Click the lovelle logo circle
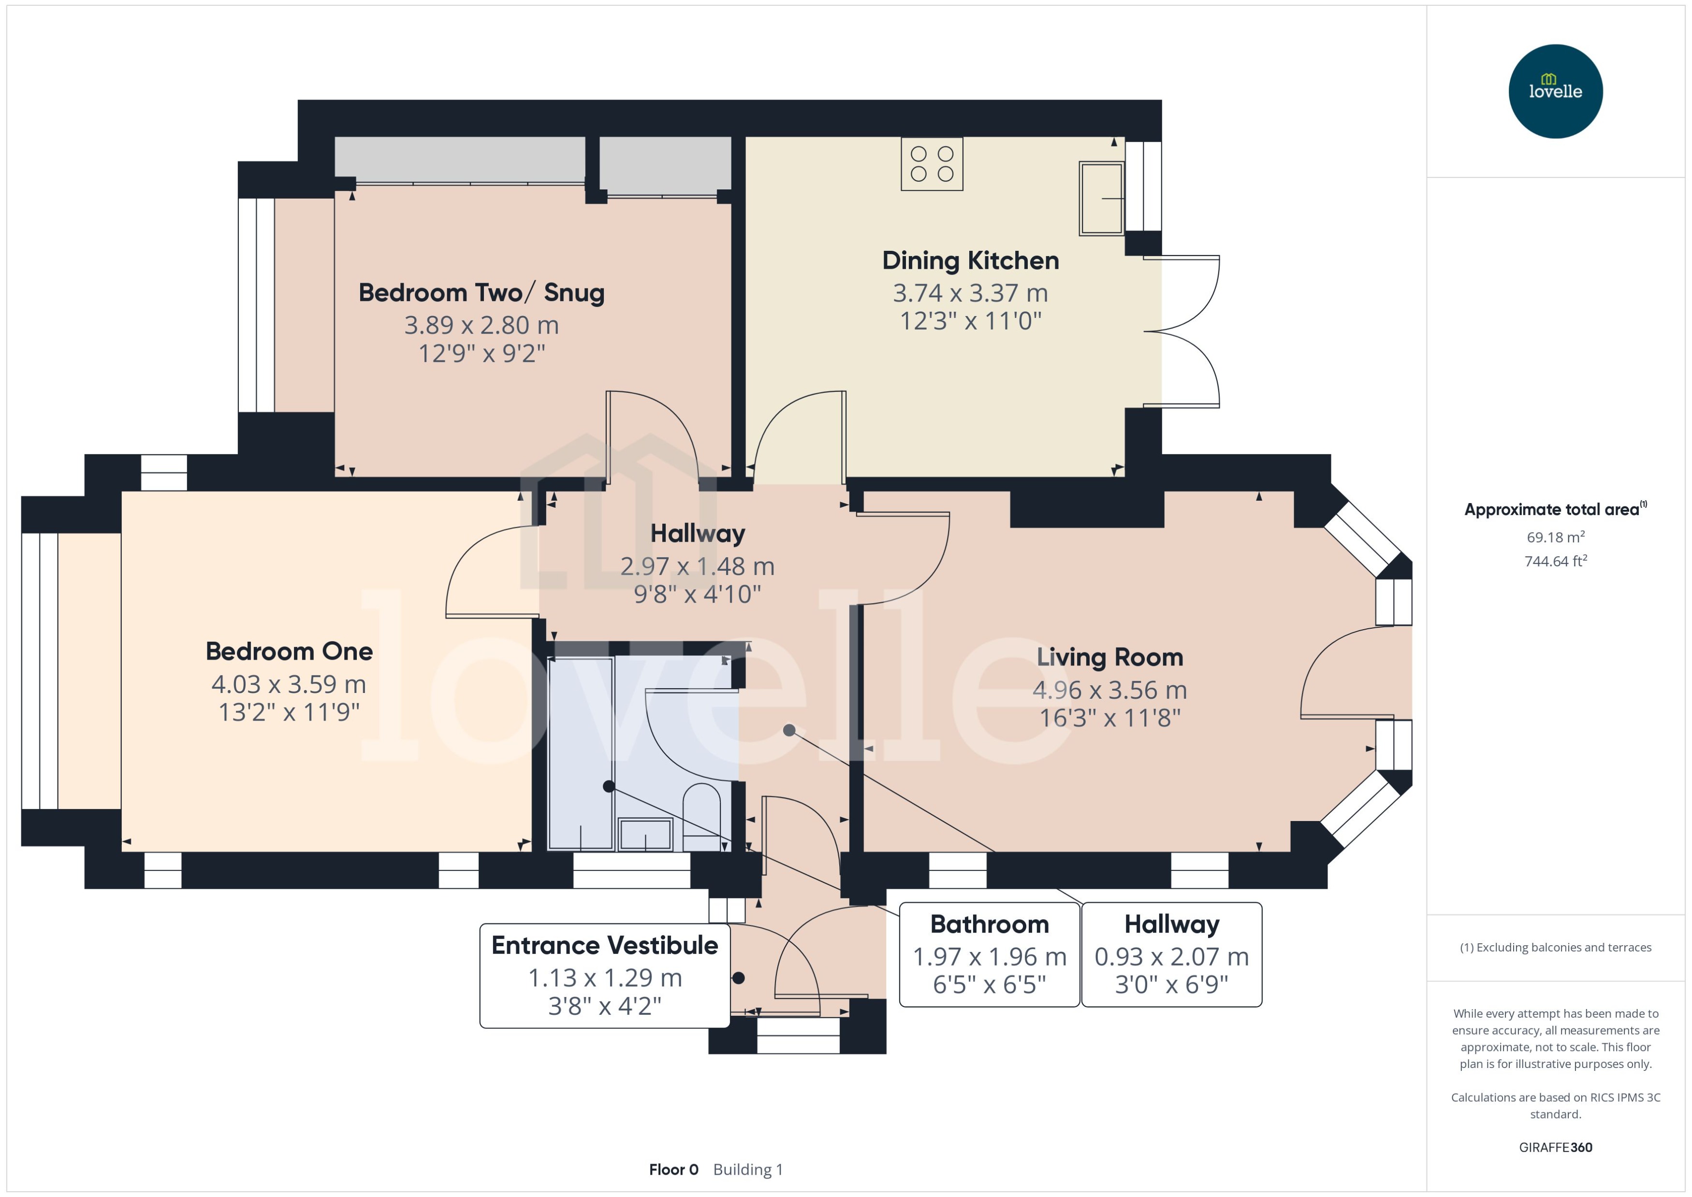1555,91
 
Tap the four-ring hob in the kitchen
931,164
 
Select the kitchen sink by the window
1101,198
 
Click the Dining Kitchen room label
970,261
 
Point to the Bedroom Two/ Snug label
481,293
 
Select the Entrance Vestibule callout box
605,975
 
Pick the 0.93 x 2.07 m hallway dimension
1171,957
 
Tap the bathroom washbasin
645,835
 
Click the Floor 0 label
673,1170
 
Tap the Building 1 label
747,1170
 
